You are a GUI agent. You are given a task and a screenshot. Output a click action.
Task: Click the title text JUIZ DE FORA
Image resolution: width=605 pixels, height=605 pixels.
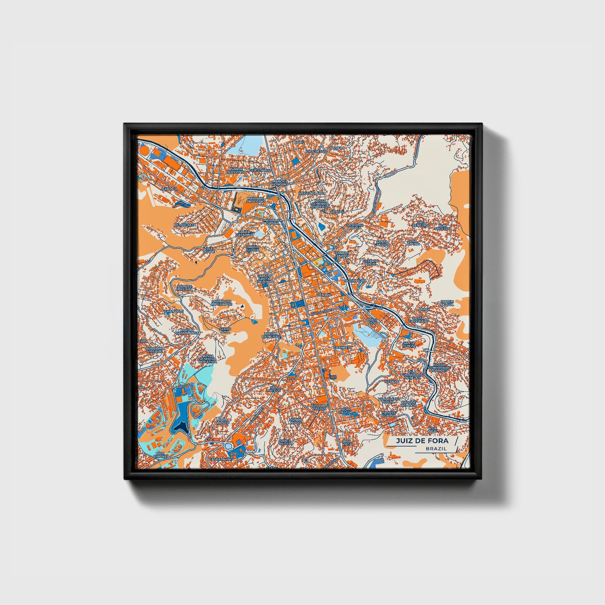coord(422,441)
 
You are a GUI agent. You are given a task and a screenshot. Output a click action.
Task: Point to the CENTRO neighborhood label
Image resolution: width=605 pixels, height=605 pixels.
coord(324,295)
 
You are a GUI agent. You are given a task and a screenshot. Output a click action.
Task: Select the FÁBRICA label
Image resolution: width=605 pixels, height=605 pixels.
coord(170,189)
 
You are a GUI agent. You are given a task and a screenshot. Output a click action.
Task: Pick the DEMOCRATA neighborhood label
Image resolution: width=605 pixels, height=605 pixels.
coord(185,225)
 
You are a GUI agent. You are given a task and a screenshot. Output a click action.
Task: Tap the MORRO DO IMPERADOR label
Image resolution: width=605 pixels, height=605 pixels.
coord(222,302)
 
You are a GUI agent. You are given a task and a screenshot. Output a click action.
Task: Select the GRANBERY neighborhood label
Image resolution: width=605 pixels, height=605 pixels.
coord(343,348)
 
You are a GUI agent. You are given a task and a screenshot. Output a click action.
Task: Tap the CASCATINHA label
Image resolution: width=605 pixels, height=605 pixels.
coord(220,459)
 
